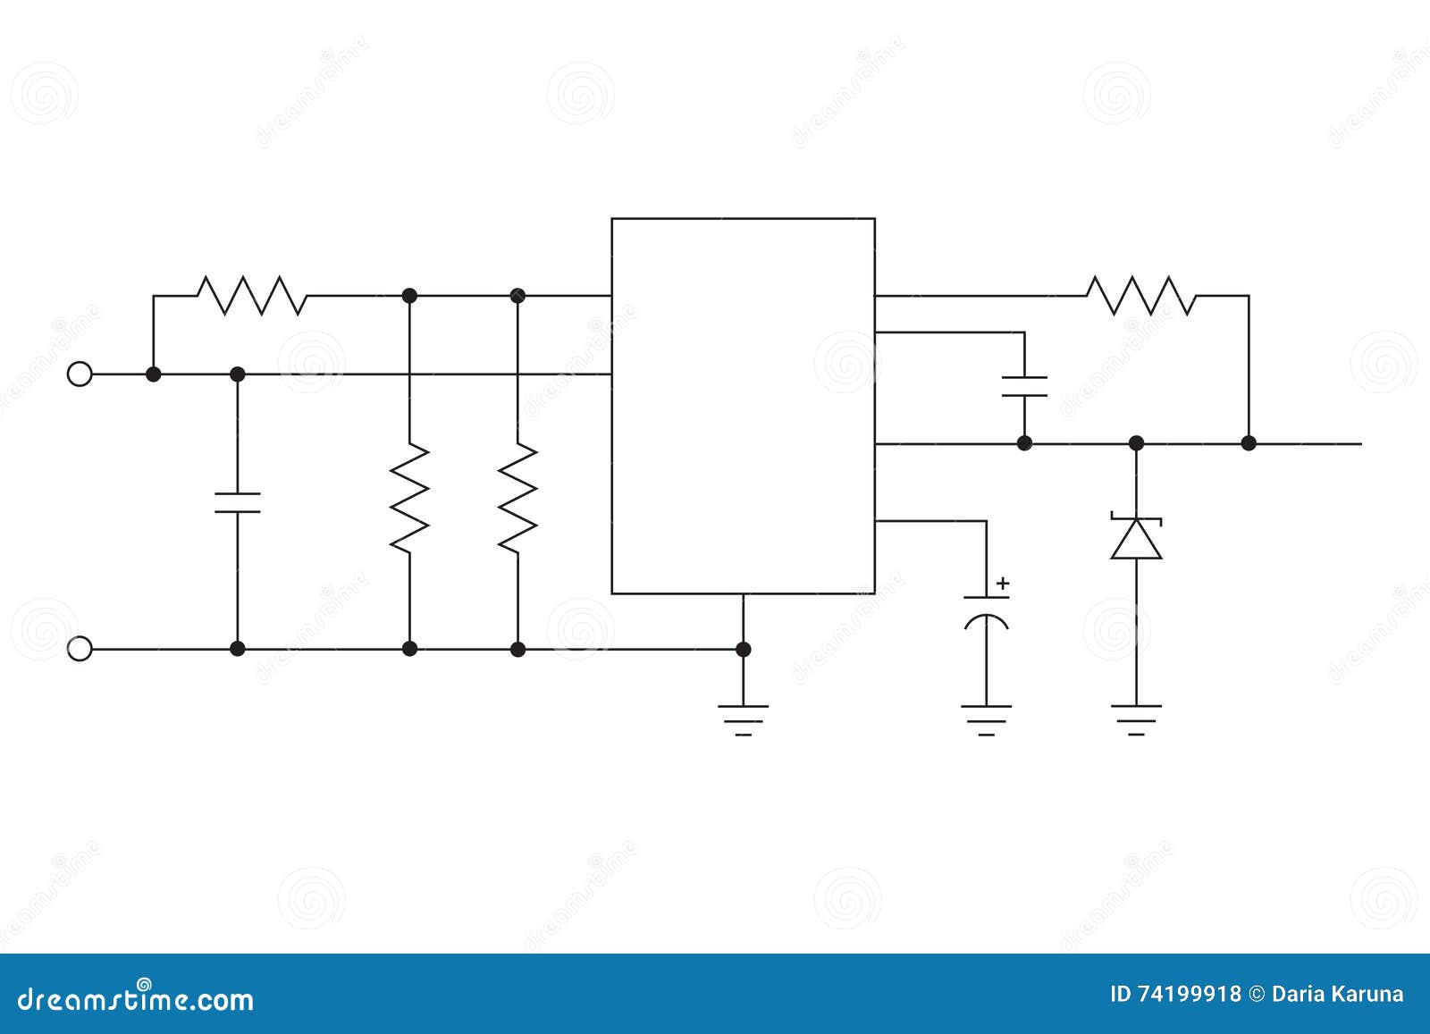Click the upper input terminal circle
[x=80, y=374]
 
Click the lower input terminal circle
[x=80, y=649]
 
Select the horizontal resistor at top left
[x=251, y=295]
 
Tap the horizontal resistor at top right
[x=1140, y=295]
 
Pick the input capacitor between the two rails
[x=238, y=502]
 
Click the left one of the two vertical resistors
[x=409, y=497]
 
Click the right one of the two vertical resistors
[x=517, y=497]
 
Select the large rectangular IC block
[x=743, y=406]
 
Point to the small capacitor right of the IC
[x=1024, y=386]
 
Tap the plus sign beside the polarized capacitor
[x=1003, y=584]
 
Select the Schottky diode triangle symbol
[x=1136, y=539]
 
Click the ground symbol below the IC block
[x=743, y=718]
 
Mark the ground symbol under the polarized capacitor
[x=987, y=718]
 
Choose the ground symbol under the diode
[x=1136, y=718]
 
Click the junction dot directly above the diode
[x=1136, y=442]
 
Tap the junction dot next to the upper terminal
[x=154, y=374]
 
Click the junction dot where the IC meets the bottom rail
[x=743, y=649]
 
